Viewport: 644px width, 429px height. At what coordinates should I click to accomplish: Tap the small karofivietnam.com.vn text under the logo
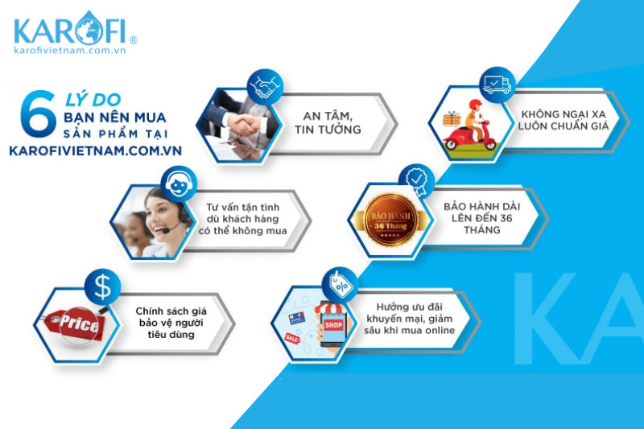pos(69,50)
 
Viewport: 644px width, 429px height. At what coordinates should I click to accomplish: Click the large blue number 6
pos(38,113)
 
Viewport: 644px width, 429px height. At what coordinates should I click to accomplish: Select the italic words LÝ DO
pos(93,100)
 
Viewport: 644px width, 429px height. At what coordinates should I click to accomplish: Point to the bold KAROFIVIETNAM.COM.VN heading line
pos(95,151)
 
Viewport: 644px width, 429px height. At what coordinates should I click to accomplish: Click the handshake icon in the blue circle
pos(265,87)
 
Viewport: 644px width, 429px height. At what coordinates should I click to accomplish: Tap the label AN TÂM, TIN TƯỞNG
pos(328,123)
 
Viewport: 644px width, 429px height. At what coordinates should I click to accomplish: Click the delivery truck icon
pos(497,85)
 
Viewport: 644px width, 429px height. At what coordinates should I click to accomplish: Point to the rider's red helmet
pos(475,105)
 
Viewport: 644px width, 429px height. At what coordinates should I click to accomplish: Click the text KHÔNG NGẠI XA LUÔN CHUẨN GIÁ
pos(563,120)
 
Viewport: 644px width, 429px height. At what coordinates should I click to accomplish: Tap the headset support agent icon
pos(179,184)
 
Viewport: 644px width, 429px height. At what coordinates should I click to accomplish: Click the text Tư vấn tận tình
pos(243,208)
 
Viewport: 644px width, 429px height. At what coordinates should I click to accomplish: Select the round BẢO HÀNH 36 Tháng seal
pos(391,220)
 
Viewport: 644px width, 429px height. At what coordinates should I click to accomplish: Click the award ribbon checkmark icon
pos(417,181)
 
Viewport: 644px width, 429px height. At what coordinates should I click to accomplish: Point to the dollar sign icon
pos(103,287)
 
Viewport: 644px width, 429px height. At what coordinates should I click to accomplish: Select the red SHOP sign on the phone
pos(333,325)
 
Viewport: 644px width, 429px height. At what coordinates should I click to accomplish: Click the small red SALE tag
pos(292,339)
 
